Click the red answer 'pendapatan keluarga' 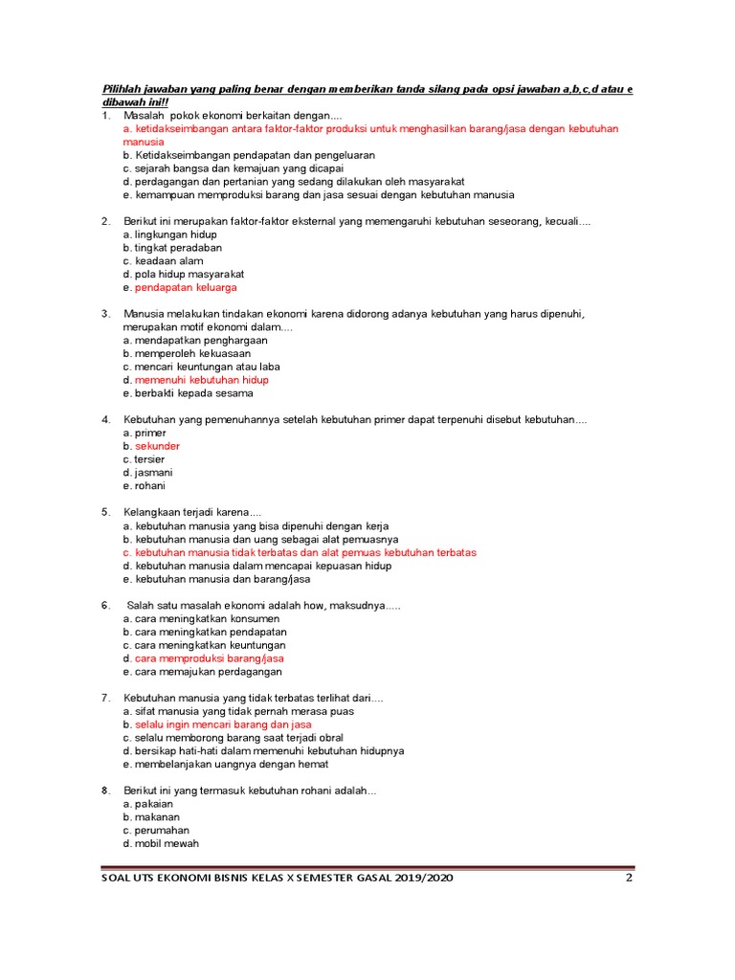coord(186,287)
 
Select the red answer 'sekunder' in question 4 coord(157,446)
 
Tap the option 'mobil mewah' coord(167,844)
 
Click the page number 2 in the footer coord(629,879)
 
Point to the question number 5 coord(106,512)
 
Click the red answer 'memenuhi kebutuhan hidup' coord(201,380)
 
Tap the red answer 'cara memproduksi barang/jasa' coord(209,658)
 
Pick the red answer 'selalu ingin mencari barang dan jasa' coord(223,724)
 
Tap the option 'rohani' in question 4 coord(150,486)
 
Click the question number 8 coord(106,791)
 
